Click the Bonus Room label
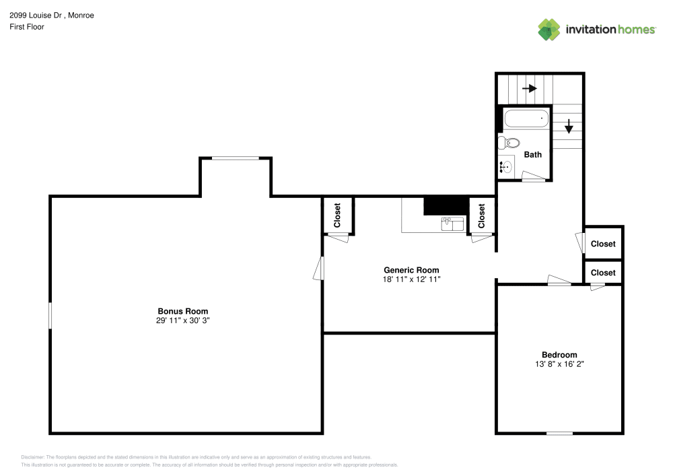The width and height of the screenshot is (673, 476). tap(183, 311)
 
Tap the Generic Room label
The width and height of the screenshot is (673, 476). tap(411, 270)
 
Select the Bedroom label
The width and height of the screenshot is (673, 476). tap(559, 355)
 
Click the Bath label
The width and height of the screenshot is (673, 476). tap(532, 155)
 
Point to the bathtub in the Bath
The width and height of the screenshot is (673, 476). tap(526, 118)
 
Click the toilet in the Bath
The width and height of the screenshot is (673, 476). tap(509, 143)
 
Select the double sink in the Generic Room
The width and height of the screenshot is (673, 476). tap(452, 224)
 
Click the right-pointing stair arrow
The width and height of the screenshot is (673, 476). tap(530, 88)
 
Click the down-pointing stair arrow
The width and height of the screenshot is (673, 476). tap(569, 126)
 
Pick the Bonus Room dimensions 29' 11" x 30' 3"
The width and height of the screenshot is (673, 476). tap(183, 320)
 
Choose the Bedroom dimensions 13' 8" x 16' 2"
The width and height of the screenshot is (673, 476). tap(559, 364)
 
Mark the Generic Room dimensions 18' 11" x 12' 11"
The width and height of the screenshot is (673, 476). tap(412, 279)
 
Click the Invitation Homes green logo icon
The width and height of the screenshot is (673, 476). tap(549, 30)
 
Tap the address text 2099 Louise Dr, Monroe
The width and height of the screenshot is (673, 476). tap(52, 15)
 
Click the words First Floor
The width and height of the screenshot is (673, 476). tap(27, 27)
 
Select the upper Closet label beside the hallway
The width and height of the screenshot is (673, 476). tap(603, 244)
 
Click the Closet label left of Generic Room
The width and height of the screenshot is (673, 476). tap(337, 215)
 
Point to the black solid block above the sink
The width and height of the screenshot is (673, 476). tap(446, 205)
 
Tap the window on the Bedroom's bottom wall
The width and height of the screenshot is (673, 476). tap(559, 433)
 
